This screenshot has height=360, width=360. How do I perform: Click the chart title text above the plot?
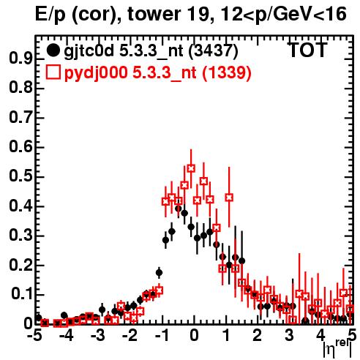tap(190, 14)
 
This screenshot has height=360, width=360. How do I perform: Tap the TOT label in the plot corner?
tap(307, 50)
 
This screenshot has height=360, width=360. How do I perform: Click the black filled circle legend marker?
tap(53, 50)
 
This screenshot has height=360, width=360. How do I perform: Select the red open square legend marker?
tap(53, 72)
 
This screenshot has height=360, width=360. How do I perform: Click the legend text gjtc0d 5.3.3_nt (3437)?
tap(151, 51)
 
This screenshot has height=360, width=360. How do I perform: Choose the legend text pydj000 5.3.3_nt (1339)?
tap(157, 73)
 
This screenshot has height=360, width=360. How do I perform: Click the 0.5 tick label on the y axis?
tap(20, 176)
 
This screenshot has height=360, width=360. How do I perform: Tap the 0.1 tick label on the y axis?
tap(22, 294)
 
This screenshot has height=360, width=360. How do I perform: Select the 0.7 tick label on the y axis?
tap(20, 117)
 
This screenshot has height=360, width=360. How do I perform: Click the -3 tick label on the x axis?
tap(97, 335)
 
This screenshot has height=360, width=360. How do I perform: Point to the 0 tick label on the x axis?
tap(194, 335)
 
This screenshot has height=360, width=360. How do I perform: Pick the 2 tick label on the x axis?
tap(258, 335)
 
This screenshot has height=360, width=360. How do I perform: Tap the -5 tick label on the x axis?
tap(34, 335)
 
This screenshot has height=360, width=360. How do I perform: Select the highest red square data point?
tap(191, 168)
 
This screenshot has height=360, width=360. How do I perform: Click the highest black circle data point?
tap(179, 209)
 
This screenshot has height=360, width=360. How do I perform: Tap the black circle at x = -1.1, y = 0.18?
tap(159, 273)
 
